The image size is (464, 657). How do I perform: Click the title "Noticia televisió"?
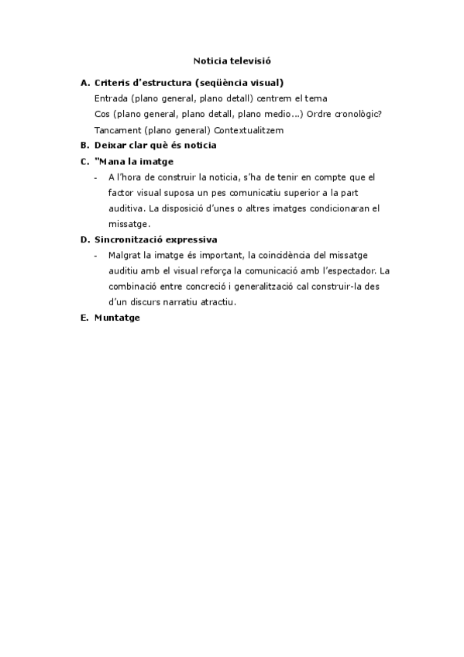[232, 59]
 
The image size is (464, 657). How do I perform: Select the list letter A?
[84, 82]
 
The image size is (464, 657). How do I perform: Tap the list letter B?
[84, 145]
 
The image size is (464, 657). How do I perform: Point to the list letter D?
[84, 239]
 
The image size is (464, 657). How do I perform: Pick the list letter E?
[84, 318]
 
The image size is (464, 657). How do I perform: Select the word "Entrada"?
[111, 98]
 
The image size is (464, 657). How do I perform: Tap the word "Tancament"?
[117, 129]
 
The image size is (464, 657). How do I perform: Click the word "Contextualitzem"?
[248, 129]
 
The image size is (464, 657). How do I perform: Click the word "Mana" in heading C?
[111, 161]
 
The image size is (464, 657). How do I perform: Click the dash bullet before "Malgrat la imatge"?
[95, 255]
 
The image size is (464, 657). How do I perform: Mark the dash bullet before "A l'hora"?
[95, 177]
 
